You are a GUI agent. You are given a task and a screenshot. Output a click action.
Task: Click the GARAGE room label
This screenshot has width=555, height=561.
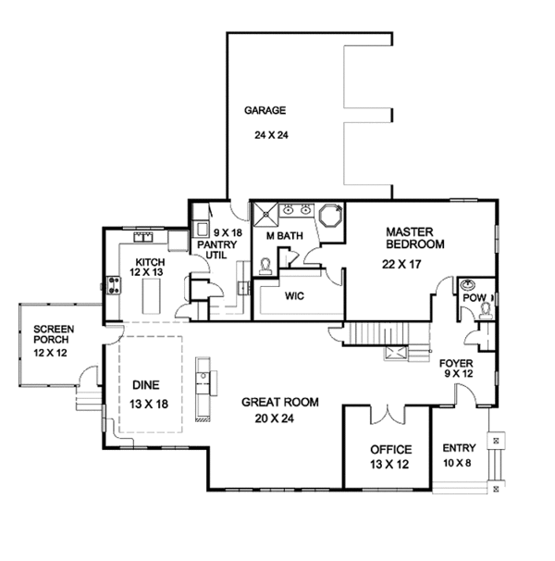265,110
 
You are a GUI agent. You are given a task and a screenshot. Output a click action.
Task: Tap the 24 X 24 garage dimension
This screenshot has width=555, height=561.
271,135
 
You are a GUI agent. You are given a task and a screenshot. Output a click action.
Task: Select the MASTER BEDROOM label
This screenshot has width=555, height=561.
414,238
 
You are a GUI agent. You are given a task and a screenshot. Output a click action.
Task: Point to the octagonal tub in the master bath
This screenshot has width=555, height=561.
331,215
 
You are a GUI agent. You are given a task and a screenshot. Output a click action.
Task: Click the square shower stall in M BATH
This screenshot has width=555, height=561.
265,215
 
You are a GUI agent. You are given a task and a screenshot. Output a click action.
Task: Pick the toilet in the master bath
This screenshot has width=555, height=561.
265,267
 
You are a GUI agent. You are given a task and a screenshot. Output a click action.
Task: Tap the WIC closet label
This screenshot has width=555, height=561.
294,296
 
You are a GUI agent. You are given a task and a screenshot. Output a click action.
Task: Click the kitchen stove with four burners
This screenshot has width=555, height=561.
114,285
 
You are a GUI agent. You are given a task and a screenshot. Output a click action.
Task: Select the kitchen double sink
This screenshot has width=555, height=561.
143,237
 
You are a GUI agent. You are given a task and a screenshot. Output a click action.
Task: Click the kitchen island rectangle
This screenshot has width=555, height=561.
151,296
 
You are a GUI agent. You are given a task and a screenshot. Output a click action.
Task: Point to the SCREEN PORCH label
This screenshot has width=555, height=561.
54,334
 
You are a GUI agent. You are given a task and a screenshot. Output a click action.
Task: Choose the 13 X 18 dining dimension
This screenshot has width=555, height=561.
149,404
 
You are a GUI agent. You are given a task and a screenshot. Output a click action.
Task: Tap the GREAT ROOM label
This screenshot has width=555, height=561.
280,402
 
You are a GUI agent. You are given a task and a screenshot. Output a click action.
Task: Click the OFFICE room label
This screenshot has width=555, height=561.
391,449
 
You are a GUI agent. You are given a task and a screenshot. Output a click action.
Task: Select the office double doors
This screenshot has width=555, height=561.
388,415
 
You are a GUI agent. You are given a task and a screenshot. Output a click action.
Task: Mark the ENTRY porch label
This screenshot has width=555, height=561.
459,448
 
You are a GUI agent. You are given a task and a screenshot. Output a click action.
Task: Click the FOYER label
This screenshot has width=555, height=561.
456,364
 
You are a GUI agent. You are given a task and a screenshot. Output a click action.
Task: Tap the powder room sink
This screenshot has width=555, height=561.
468,285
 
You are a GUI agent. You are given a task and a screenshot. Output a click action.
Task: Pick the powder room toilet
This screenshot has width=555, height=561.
486,311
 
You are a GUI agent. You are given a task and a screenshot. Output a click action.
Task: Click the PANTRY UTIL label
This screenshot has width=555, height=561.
216,250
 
